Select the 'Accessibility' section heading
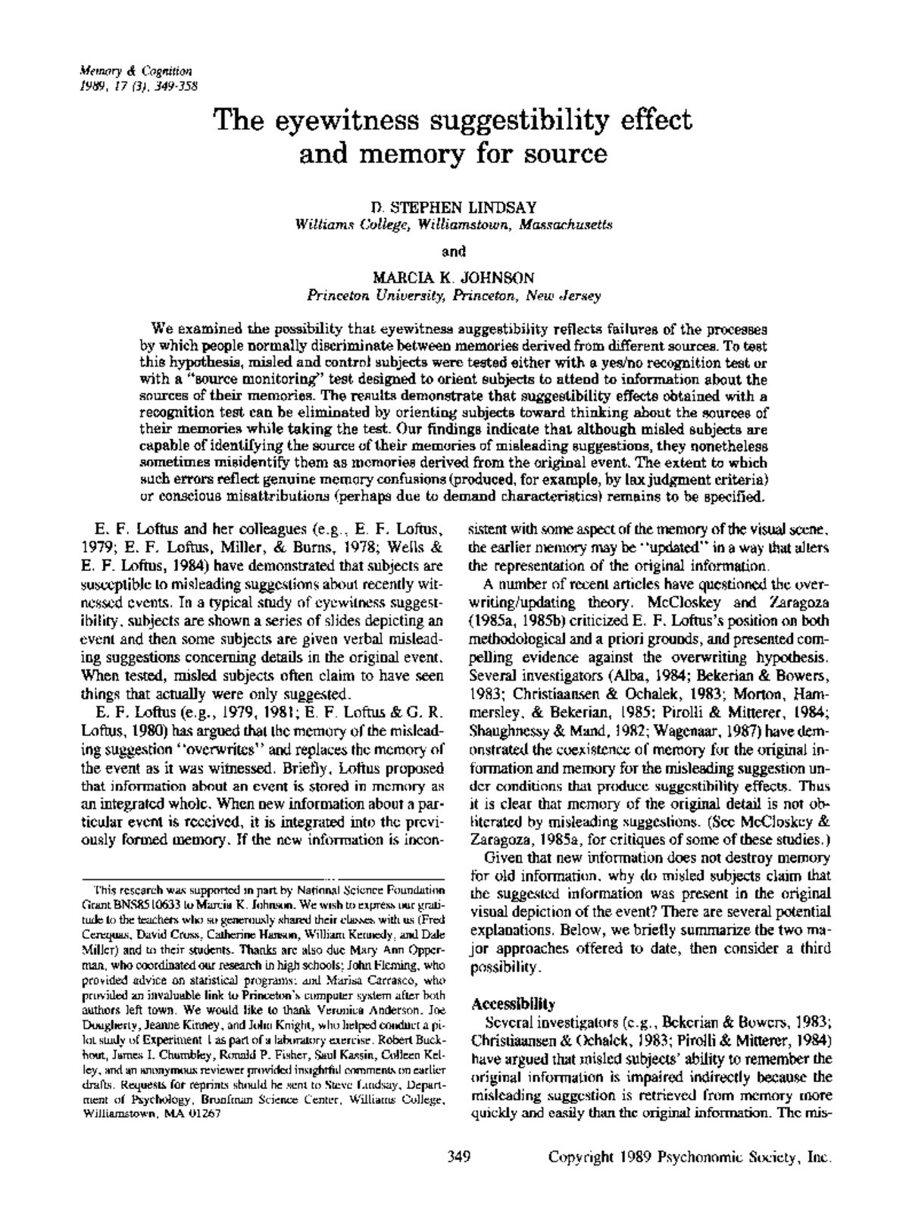coord(513,1005)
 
